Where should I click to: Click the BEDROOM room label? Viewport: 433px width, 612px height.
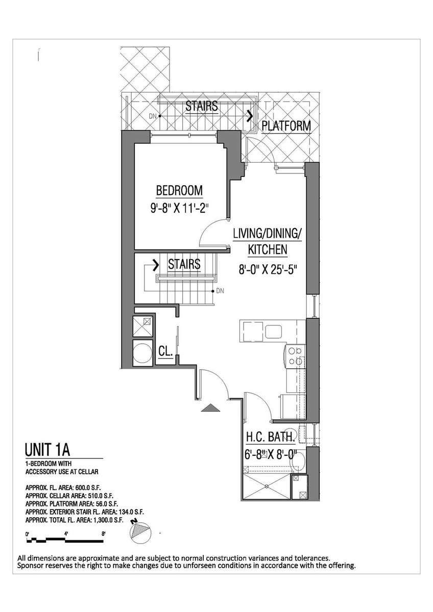tap(179, 190)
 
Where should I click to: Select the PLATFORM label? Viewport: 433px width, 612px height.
tap(286, 125)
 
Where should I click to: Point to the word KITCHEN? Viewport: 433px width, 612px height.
tap(268, 249)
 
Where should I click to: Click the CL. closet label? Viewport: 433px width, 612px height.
tap(165, 351)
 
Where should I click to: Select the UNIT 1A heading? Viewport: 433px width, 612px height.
tap(47, 450)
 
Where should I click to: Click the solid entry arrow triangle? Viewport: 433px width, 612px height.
tap(210, 408)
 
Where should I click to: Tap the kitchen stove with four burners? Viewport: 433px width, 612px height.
tap(295, 356)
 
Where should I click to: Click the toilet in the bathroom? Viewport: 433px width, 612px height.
tap(298, 462)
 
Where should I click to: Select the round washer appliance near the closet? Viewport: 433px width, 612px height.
tap(142, 353)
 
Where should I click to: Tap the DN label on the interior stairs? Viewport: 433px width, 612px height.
tap(220, 291)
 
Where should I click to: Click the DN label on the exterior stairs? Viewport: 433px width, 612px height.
tap(153, 116)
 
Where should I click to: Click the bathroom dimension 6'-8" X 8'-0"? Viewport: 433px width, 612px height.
tap(271, 455)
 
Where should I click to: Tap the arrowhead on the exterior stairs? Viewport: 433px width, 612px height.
tap(250, 116)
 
